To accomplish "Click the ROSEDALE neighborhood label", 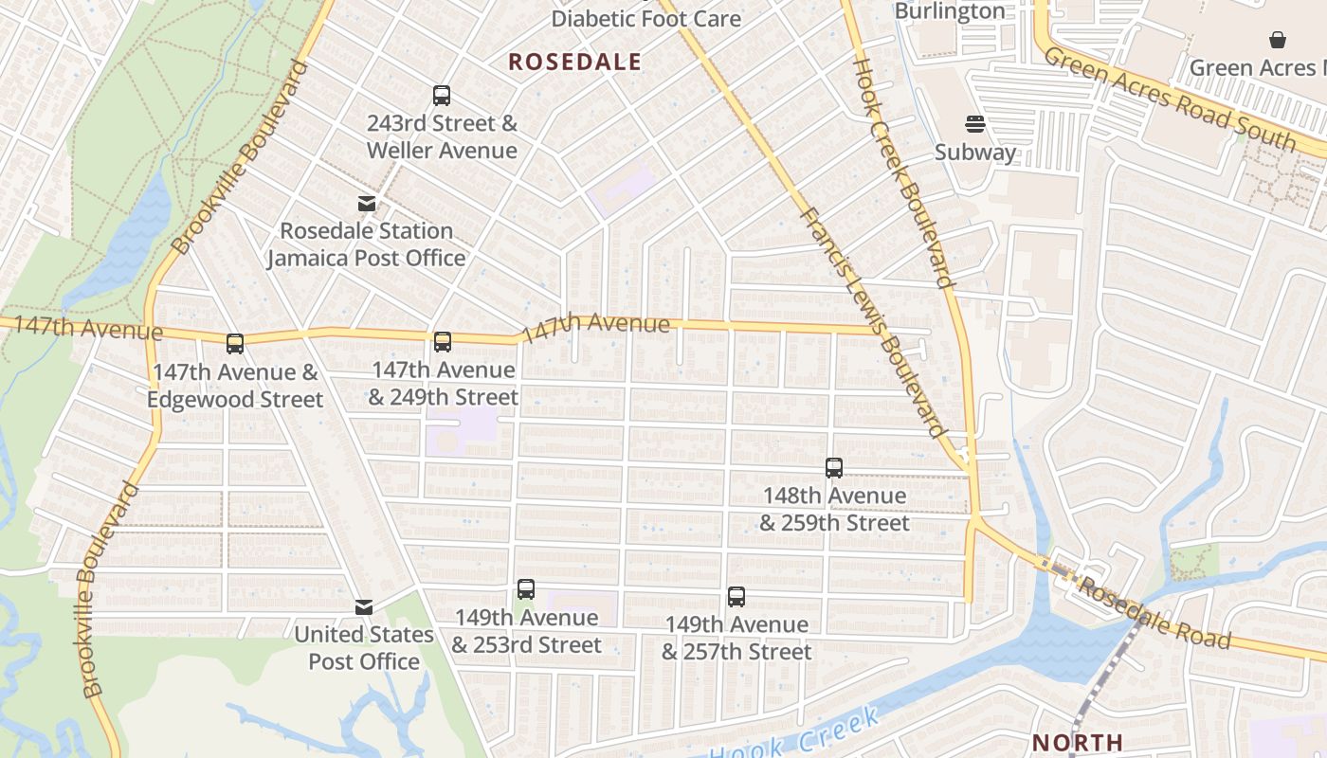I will click(574, 63).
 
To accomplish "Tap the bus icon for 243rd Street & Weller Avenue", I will click(442, 96).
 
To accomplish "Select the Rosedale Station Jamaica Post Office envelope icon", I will click(366, 204).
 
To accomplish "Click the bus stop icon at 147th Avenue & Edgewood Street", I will click(235, 344).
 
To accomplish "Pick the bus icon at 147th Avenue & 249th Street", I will click(442, 342).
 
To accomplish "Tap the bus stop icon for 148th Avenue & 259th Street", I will click(834, 468).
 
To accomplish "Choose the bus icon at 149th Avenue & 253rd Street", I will click(526, 589).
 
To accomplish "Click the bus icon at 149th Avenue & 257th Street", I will click(736, 597).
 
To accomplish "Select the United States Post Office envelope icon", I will click(364, 607).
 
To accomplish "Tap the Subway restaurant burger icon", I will click(975, 124).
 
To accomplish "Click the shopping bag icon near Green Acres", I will click(1278, 40).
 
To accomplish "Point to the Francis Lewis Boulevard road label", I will click(873, 322).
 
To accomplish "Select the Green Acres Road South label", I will click(1170, 98).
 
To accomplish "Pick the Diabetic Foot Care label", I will click(646, 18).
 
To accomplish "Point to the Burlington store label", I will click(950, 11).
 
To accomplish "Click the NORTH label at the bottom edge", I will click(1077, 742).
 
